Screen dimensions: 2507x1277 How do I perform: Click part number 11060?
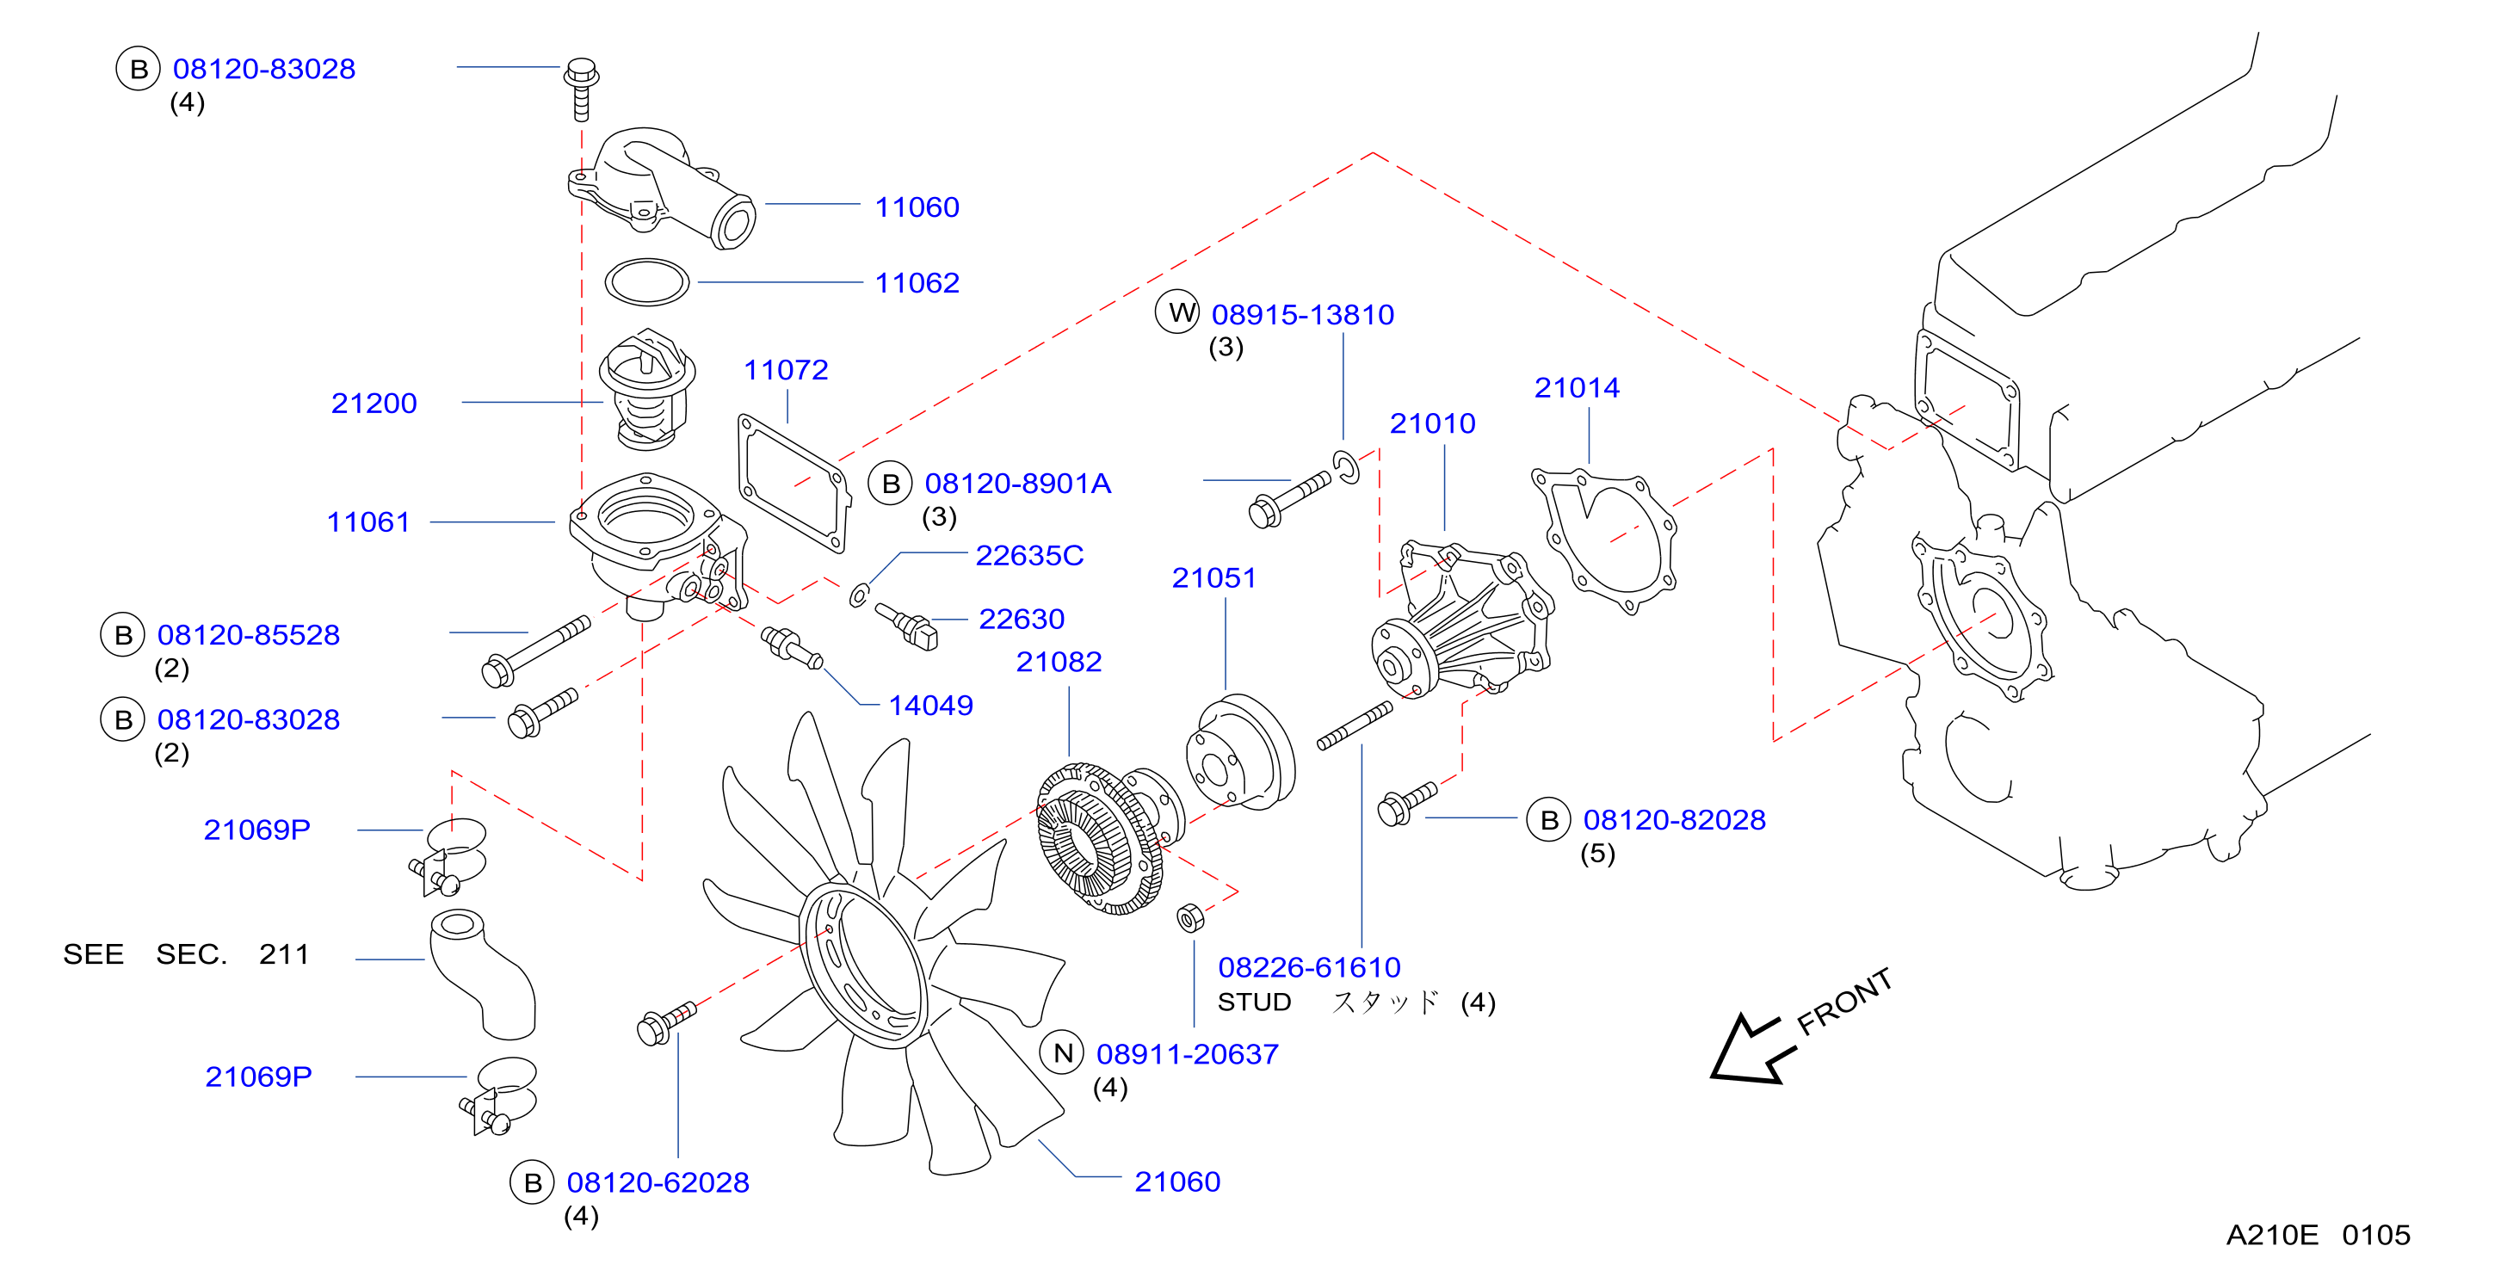tap(917, 207)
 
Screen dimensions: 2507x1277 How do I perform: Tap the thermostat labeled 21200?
tap(647, 389)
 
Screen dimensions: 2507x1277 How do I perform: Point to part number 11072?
tap(787, 370)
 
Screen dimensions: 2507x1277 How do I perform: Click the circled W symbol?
tap(1177, 312)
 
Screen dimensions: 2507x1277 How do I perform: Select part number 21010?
tap(1433, 423)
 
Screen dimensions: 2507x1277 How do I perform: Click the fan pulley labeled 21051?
tap(1241, 751)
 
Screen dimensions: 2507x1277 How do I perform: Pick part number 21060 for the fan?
tap(1177, 1181)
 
